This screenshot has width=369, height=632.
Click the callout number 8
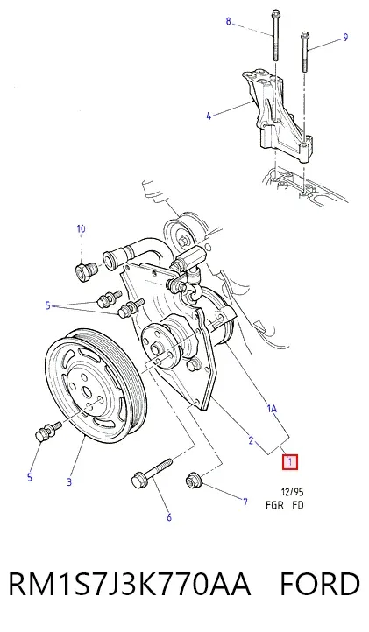pos(229,21)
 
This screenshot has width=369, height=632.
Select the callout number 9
pos(345,38)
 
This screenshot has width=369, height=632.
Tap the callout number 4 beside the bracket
pos(209,116)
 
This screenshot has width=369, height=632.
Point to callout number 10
pos(82,229)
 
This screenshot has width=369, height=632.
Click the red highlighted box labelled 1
pos(290,462)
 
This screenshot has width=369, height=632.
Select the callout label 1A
pos(272,409)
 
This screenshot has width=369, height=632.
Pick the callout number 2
pos(251,441)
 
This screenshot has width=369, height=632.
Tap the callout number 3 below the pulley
pos(69,481)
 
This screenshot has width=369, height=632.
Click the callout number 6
pos(169,516)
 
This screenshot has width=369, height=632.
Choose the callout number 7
pos(245,502)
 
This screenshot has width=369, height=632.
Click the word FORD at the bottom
pos(320,584)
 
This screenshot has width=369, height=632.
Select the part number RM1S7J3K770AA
pos(130,584)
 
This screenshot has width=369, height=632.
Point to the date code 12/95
pos(292,492)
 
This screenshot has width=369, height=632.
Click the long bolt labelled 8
pos(276,35)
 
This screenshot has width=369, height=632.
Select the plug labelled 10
pos(86,270)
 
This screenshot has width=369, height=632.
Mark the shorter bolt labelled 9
pos(304,53)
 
